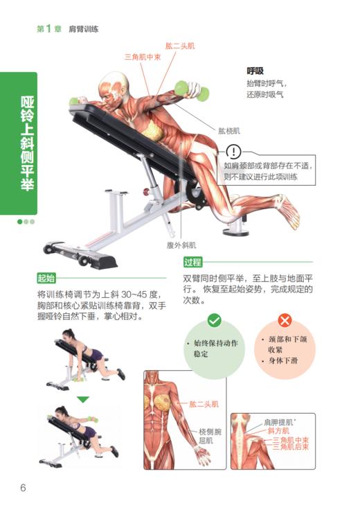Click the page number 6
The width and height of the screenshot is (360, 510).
23,488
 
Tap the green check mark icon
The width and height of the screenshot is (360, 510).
214,320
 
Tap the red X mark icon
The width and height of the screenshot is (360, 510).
285,320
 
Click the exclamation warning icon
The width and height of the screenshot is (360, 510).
234,151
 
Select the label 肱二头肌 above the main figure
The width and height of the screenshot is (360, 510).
179,45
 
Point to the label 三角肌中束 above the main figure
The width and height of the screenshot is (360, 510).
143,57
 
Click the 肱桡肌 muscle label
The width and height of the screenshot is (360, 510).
229,130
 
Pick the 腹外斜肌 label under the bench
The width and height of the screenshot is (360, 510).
181,245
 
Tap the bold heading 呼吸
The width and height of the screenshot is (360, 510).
255,71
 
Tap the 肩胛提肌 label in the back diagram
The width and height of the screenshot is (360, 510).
279,421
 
